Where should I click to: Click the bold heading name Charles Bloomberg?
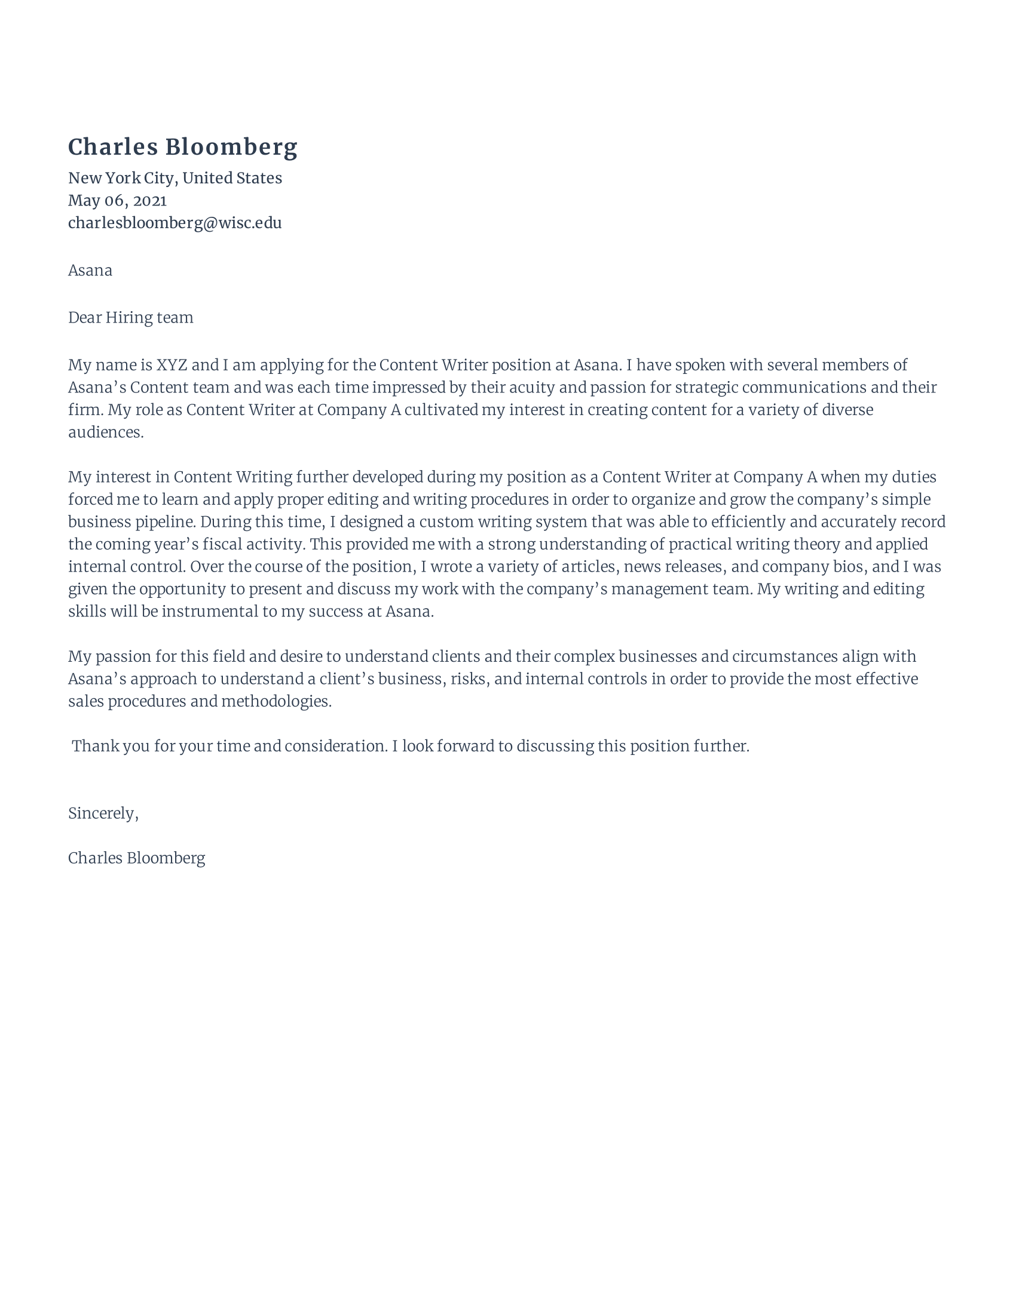tap(182, 148)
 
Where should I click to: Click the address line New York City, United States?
tap(175, 178)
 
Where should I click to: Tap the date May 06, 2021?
tap(117, 200)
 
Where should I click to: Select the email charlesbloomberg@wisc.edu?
tap(175, 223)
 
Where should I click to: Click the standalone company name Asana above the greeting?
tap(90, 270)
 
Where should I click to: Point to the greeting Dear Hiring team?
tap(131, 318)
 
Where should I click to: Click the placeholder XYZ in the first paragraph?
tap(172, 365)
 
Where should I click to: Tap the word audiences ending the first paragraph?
tap(105, 432)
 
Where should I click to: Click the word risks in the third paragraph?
tap(468, 679)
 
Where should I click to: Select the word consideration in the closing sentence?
tap(335, 747)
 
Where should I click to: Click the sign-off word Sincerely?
tap(102, 813)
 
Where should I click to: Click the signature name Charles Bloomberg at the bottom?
tap(137, 858)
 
